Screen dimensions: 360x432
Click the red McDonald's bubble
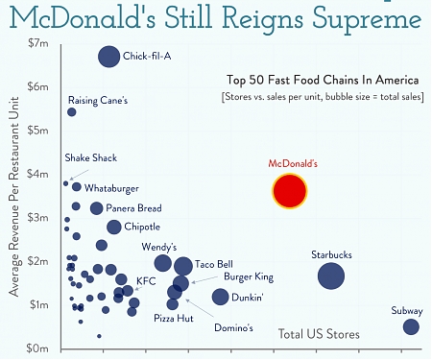pyautogui.click(x=289, y=192)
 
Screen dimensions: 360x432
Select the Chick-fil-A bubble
pyautogui.click(x=108, y=57)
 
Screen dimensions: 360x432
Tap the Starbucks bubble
pyautogui.click(x=331, y=276)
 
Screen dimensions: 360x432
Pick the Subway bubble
pyautogui.click(x=411, y=327)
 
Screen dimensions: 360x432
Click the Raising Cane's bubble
pyautogui.click(x=72, y=112)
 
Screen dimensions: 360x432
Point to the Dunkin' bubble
pyautogui.click(x=220, y=297)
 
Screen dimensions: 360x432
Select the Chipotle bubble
pyautogui.click(x=114, y=228)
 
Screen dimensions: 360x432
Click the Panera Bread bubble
pyautogui.click(x=96, y=208)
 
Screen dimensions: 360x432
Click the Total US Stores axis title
pyautogui.click(x=319, y=334)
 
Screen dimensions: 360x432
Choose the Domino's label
pyautogui.click(x=232, y=328)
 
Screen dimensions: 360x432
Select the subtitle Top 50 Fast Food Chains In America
pyautogui.click(x=323, y=80)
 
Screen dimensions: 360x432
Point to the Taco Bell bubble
pyautogui.click(x=182, y=266)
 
